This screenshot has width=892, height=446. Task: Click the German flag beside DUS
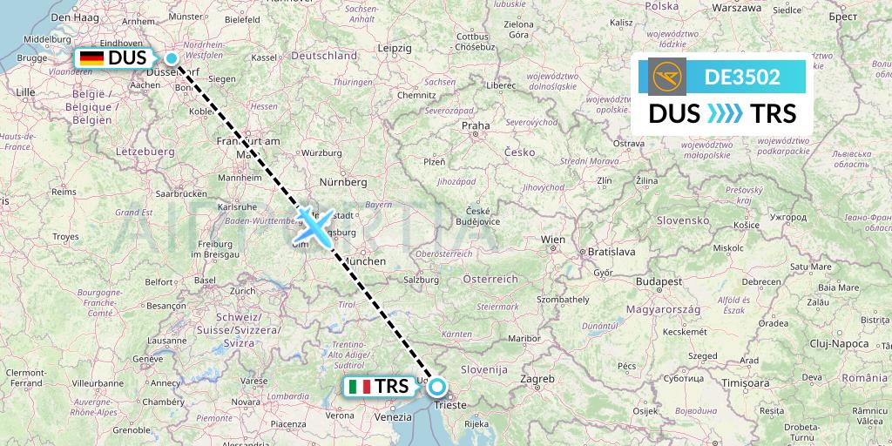tap(91, 58)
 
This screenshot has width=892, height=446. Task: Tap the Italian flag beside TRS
tap(359, 386)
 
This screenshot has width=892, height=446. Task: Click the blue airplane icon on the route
tap(309, 225)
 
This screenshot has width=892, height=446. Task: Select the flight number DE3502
tap(742, 77)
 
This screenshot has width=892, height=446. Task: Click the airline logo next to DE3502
tap(667, 76)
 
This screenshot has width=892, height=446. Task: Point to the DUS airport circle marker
tap(172, 58)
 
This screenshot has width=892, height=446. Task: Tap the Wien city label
tap(553, 239)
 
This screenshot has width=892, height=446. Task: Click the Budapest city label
tap(659, 282)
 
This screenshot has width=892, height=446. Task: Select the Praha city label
tap(476, 125)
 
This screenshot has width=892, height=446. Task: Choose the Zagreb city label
tap(537, 379)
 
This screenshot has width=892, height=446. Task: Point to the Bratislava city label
tap(611, 251)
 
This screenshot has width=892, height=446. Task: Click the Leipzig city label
tap(395, 47)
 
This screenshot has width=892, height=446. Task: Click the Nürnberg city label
tap(344, 182)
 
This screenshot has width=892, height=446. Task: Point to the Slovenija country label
tap(483, 369)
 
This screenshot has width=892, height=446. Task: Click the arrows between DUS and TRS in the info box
tap(721, 114)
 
